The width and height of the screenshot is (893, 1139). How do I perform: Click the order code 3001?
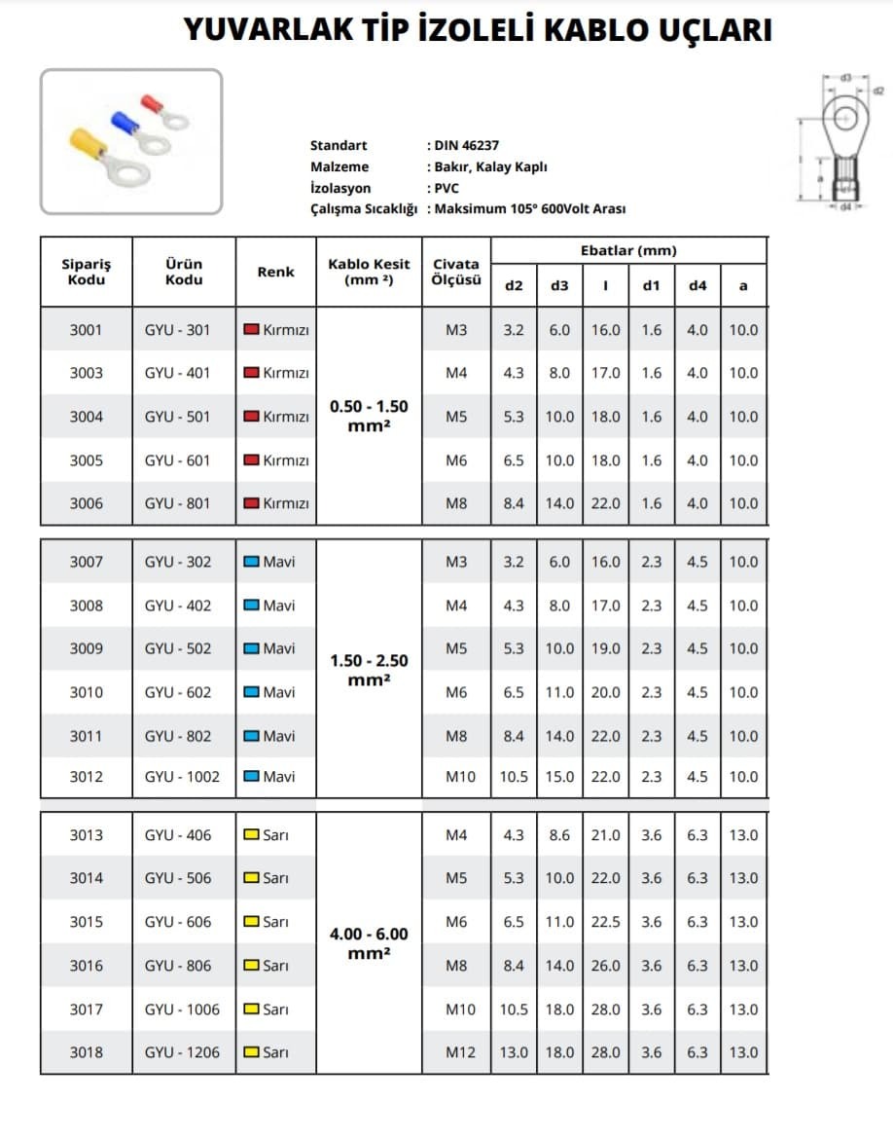point(86,330)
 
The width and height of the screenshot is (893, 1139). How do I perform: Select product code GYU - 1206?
point(182,1052)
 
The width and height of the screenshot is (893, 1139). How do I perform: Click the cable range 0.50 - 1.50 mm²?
point(369,416)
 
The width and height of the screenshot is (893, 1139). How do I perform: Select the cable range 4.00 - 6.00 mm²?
point(369,942)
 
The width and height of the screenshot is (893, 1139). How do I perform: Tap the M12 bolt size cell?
point(456,1052)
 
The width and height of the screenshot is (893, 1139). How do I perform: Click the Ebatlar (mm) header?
point(628,250)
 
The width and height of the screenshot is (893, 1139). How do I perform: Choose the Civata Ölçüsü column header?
point(456,272)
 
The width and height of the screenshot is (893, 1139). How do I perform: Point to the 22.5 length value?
point(605,922)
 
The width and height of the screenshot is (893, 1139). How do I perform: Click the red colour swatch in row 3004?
point(251,417)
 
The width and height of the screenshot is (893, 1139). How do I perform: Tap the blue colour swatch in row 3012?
point(251,777)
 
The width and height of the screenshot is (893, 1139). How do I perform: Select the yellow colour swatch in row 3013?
point(251,835)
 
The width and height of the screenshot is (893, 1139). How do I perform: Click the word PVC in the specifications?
point(446,188)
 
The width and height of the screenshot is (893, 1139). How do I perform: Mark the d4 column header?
point(697,285)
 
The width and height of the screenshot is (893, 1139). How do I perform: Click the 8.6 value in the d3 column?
point(559,835)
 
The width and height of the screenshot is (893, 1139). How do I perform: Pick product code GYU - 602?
point(177,692)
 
